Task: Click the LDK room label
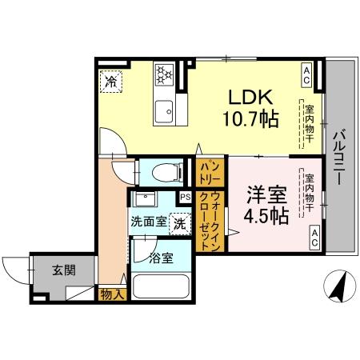(252, 98)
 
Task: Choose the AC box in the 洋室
(314, 234)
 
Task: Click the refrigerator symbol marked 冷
(112, 81)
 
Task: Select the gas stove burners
(165, 74)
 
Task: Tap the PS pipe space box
(185, 197)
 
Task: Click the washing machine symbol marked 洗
(180, 223)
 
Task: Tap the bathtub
(160, 286)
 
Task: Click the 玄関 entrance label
(65, 270)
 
